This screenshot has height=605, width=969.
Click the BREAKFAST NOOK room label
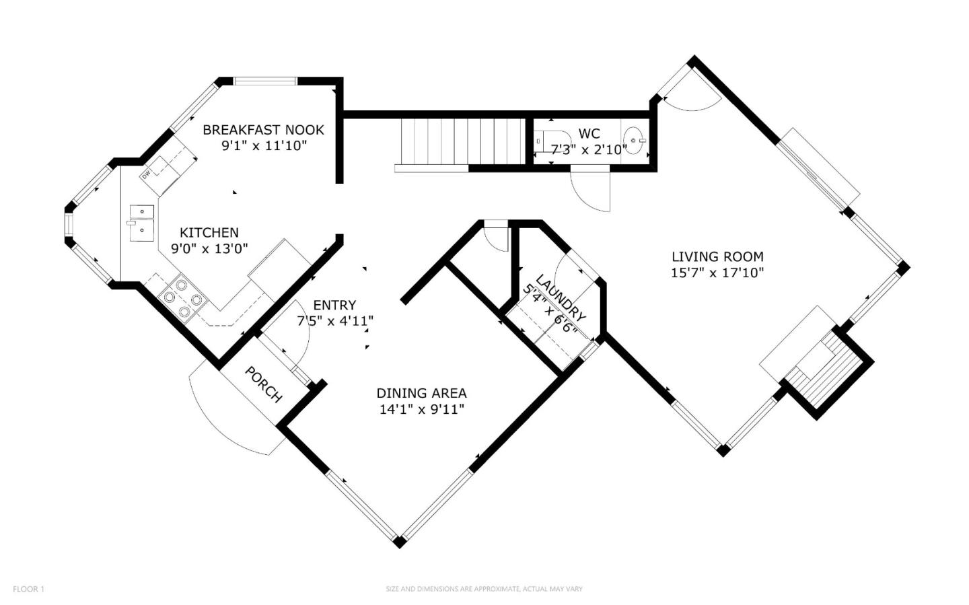[264, 130]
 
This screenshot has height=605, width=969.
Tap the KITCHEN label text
[209, 233]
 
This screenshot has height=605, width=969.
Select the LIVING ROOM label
[717, 256]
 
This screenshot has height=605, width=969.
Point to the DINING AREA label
[422, 394]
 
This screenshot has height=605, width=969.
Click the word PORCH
[264, 384]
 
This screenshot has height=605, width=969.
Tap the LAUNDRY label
[561, 297]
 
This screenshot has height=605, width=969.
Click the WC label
[589, 133]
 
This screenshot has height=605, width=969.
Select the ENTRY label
[334, 306]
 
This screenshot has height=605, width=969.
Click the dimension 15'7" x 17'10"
[717, 273]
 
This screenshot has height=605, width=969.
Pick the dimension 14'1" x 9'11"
[422, 409]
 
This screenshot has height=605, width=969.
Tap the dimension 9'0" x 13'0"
[209, 249]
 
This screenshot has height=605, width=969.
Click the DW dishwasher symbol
[146, 174]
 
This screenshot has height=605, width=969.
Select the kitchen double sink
[141, 223]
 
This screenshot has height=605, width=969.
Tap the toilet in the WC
[549, 141]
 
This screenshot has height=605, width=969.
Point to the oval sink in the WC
[634, 141]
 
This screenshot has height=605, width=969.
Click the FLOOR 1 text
[28, 589]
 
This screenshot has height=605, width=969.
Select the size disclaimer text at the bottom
[484, 589]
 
